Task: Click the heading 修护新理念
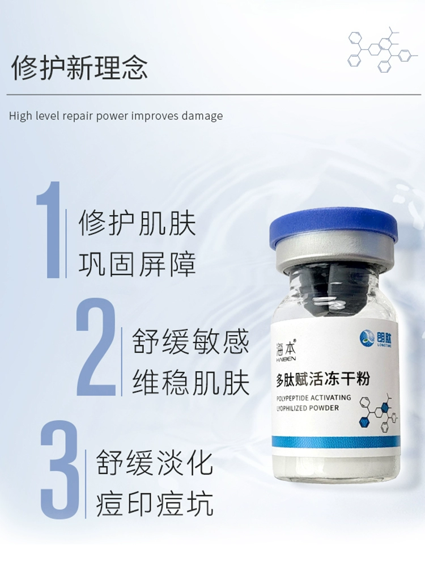pos(79,67)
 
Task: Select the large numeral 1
pos(49,230)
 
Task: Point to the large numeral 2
pos(96,347)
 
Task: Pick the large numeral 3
pos(59,469)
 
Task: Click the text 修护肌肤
pos(137,223)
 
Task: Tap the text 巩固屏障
pos(137,264)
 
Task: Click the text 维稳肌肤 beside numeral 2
pos(190,383)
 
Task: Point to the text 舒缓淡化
pos(154,463)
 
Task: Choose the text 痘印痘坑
pos(154,503)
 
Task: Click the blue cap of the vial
pos(333,230)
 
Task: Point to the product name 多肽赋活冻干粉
pos(323,380)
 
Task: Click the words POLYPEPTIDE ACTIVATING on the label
pos(313,398)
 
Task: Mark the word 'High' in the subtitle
pos(20,116)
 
